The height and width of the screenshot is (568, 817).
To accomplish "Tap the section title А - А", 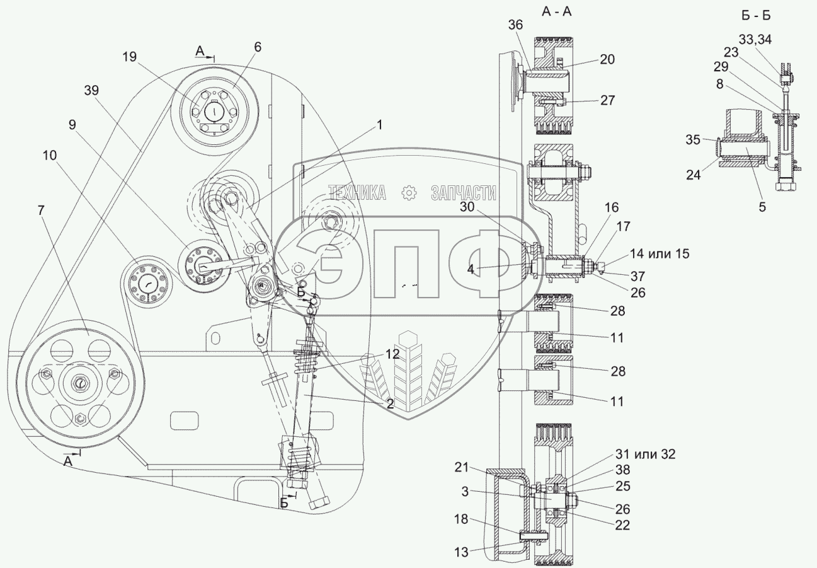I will coord(558,11).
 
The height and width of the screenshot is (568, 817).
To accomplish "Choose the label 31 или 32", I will coord(644,455).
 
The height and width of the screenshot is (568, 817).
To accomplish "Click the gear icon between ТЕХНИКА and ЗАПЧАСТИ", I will coord(409,194).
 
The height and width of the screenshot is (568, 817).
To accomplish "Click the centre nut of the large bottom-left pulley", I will coord(80,383).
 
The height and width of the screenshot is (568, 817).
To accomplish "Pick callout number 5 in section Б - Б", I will coord(762,206).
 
